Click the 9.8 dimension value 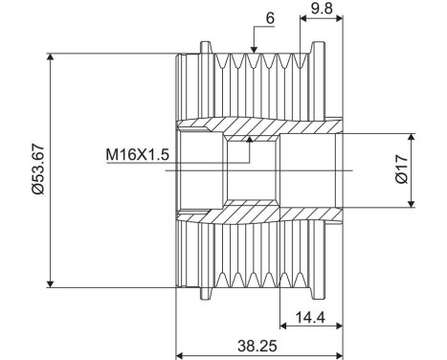[322, 9]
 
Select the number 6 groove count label [270, 18]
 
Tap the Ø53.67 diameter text [38, 169]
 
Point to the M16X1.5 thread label [137, 155]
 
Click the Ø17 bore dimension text [401, 169]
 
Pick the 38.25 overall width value [257, 346]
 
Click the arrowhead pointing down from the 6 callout [254, 49]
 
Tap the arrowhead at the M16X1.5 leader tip [250, 139]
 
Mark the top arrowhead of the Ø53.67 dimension [50, 56]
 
